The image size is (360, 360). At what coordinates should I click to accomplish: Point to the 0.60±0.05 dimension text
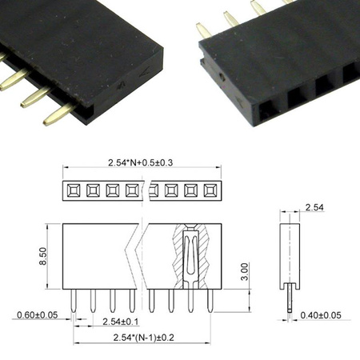point(37,314)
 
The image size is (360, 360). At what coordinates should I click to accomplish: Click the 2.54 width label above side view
point(314,208)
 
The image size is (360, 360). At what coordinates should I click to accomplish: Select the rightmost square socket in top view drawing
point(210,190)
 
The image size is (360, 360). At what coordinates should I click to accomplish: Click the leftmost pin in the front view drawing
point(74,300)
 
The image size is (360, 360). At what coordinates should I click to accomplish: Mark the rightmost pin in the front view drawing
point(210,300)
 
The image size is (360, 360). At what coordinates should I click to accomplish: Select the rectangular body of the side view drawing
point(289,254)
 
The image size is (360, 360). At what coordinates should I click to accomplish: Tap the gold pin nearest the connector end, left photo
point(59,114)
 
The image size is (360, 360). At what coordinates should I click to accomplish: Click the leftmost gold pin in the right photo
point(204,30)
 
